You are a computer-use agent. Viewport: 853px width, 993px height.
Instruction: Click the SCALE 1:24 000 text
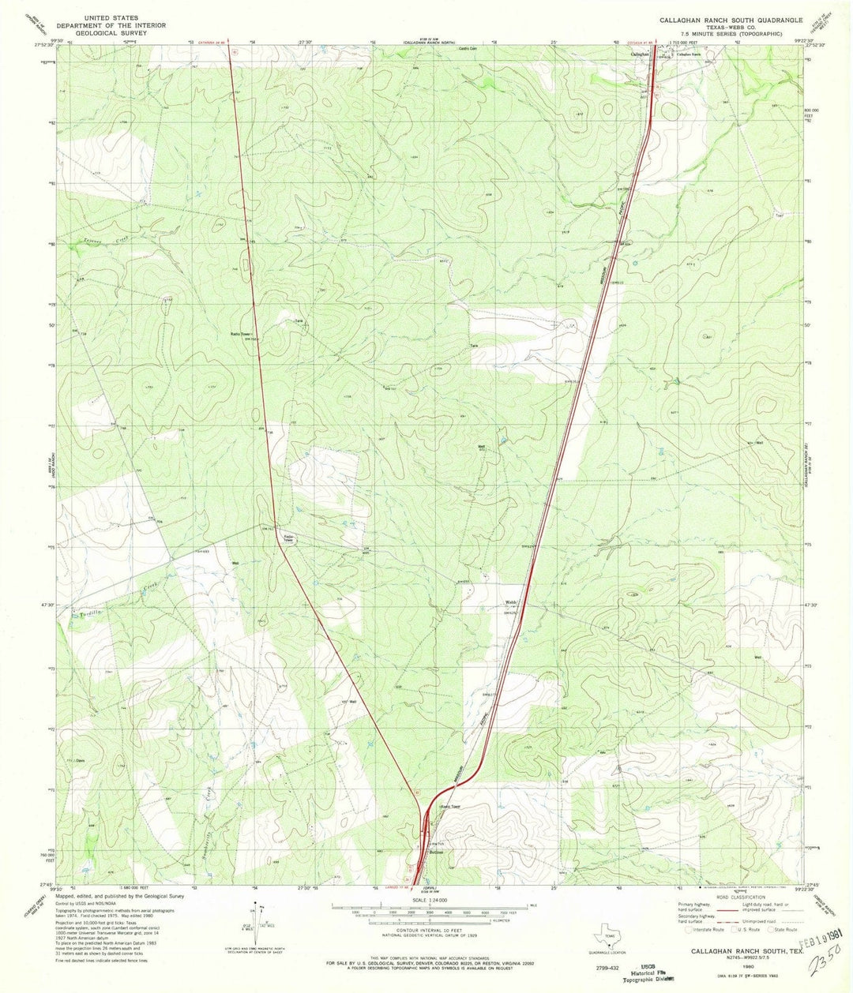[x=428, y=899]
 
